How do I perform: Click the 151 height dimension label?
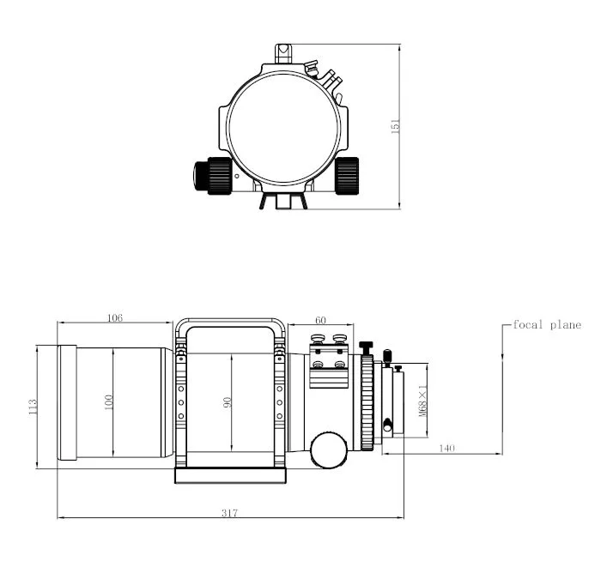[x=396, y=125]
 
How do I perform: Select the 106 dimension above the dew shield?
[x=114, y=318]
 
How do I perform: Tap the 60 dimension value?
[x=320, y=319]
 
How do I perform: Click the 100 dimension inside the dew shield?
[x=108, y=401]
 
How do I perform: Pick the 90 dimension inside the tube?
[x=228, y=402]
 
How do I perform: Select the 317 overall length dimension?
[x=228, y=513]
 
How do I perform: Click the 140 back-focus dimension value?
[x=446, y=447]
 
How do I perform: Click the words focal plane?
[x=547, y=325]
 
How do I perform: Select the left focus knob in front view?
[x=212, y=176]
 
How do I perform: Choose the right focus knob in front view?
[x=347, y=176]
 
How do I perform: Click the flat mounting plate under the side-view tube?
[x=230, y=476]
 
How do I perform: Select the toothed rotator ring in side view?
[x=368, y=401]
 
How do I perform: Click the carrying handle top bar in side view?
[x=230, y=323]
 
